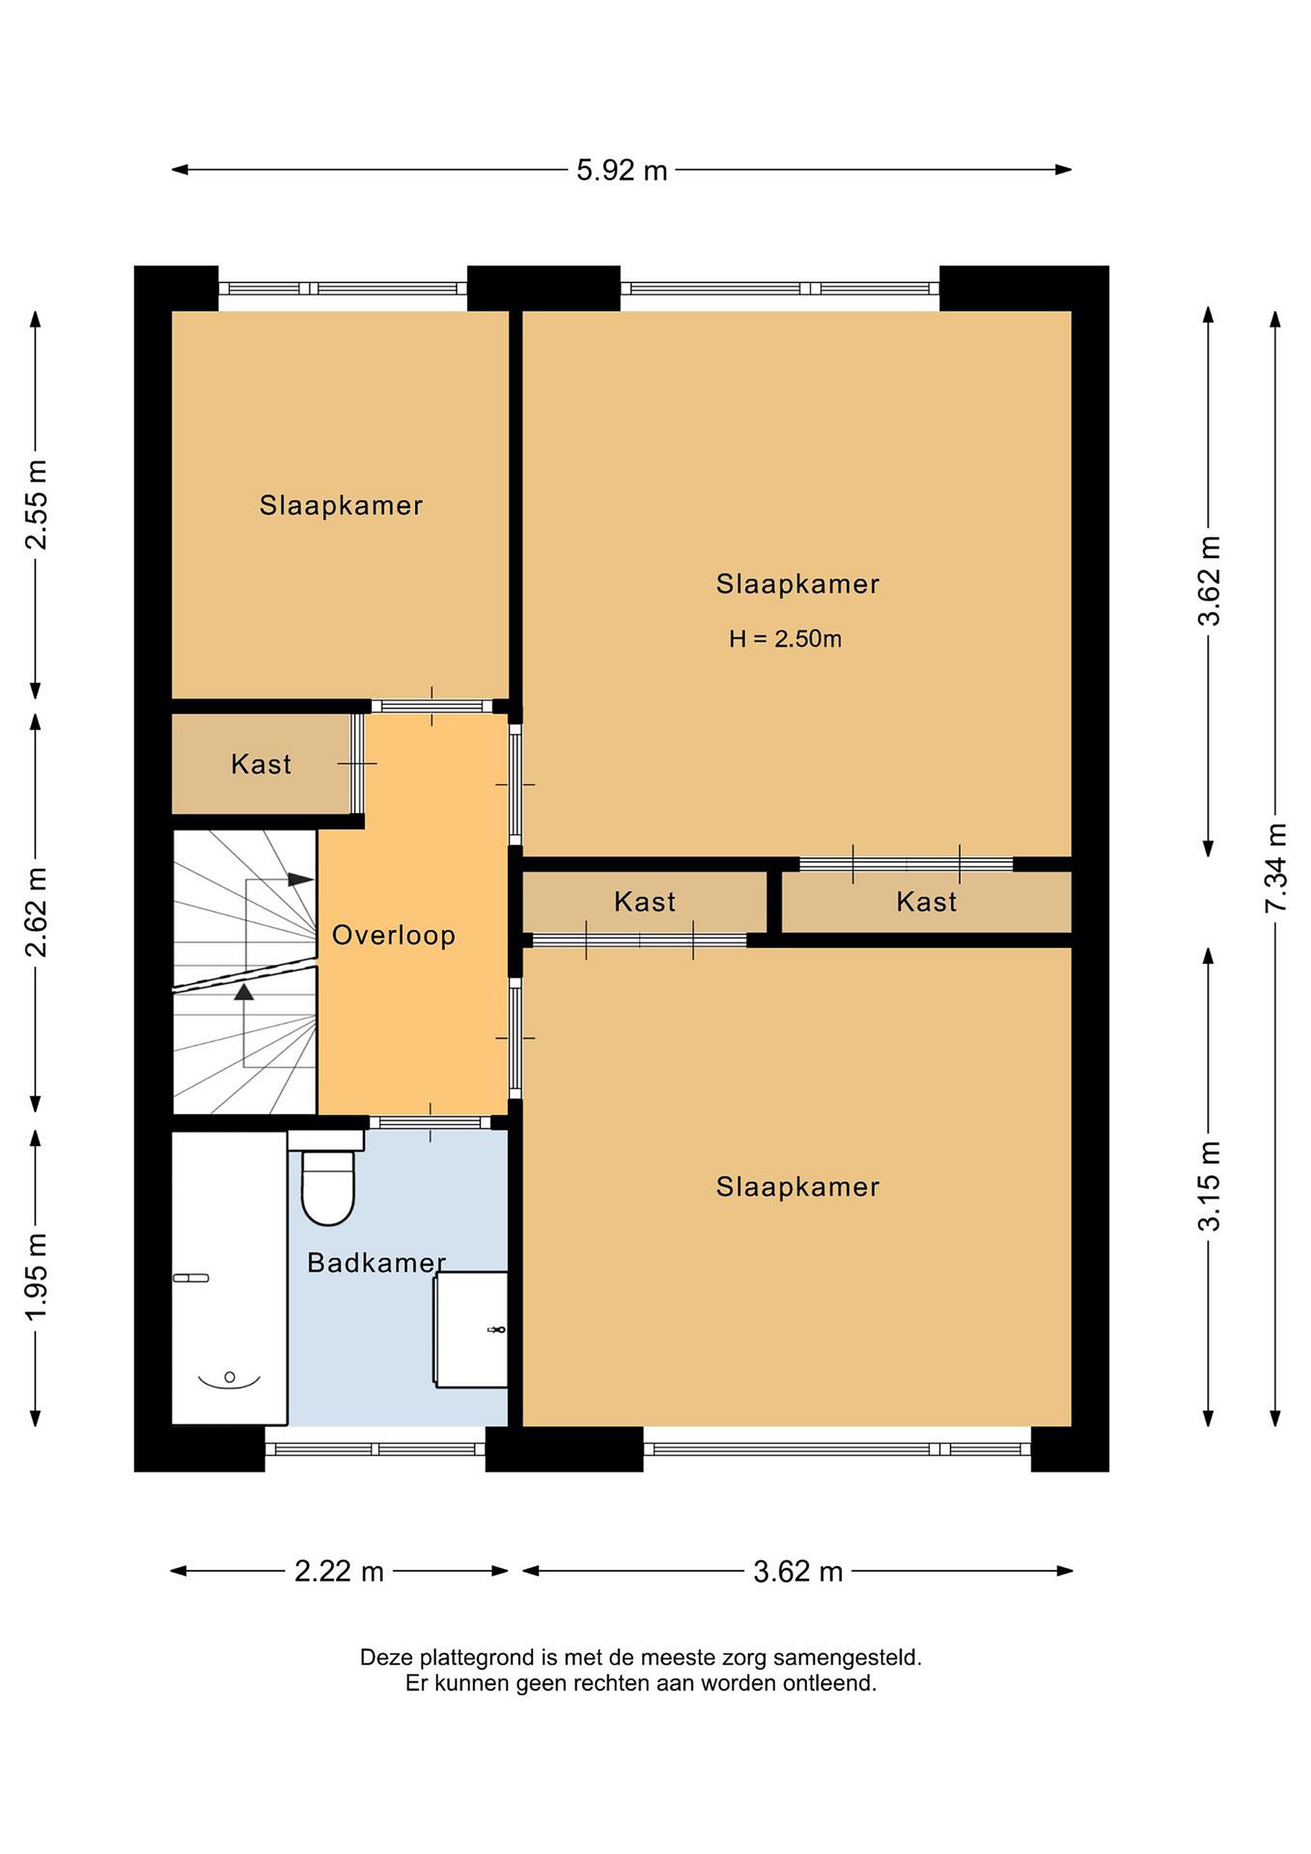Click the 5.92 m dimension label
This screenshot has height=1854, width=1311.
coord(622,171)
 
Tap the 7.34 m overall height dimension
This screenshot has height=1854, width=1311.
coord(1276,868)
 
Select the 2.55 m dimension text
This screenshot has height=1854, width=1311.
coord(36,505)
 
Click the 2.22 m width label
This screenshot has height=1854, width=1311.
coord(339,1571)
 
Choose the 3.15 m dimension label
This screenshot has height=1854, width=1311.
coord(1209,1185)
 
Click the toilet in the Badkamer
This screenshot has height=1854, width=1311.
coord(327,1177)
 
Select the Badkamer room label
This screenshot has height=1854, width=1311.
coord(377,1263)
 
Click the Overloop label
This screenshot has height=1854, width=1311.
coord(394,935)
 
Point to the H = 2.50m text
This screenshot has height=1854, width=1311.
coord(785,639)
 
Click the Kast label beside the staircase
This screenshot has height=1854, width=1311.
coord(261,764)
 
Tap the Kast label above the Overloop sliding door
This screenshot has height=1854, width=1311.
coord(644,901)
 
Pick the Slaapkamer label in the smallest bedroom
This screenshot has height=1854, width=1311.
coord(340,505)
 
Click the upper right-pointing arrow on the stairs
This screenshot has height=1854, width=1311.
coord(301,879)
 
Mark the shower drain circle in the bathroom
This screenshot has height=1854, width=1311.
coord(229,1377)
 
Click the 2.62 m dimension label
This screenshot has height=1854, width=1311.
coord(36,912)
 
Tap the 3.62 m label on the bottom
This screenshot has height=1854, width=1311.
coord(797,1571)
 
